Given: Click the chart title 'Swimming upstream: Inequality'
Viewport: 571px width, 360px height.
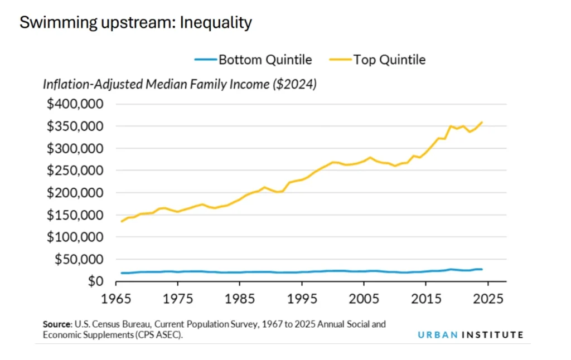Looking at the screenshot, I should pos(136,23).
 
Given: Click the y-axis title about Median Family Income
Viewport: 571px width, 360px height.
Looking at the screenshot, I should pos(180,85).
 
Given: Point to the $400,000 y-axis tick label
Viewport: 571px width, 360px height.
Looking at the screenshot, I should pos(76,104).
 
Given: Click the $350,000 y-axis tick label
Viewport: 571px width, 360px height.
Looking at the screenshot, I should pos(76,127).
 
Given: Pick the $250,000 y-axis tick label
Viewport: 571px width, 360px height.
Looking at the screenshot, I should pos(76,171).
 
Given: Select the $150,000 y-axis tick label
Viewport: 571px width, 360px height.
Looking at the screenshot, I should pos(76,215).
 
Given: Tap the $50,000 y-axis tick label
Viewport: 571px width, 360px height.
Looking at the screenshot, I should pos(79,259).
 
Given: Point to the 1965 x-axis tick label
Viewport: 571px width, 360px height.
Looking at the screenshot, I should pos(116,298).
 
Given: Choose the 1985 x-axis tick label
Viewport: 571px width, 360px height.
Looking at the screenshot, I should pos(240,298).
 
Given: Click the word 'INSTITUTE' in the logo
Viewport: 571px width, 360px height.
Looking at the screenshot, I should pos(493,335).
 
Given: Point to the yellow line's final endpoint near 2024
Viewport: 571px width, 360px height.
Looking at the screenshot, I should pos(482,122).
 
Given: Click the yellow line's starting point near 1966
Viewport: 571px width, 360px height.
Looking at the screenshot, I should pos(122,221).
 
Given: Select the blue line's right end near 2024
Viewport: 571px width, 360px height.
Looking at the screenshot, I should pos(482,269).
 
